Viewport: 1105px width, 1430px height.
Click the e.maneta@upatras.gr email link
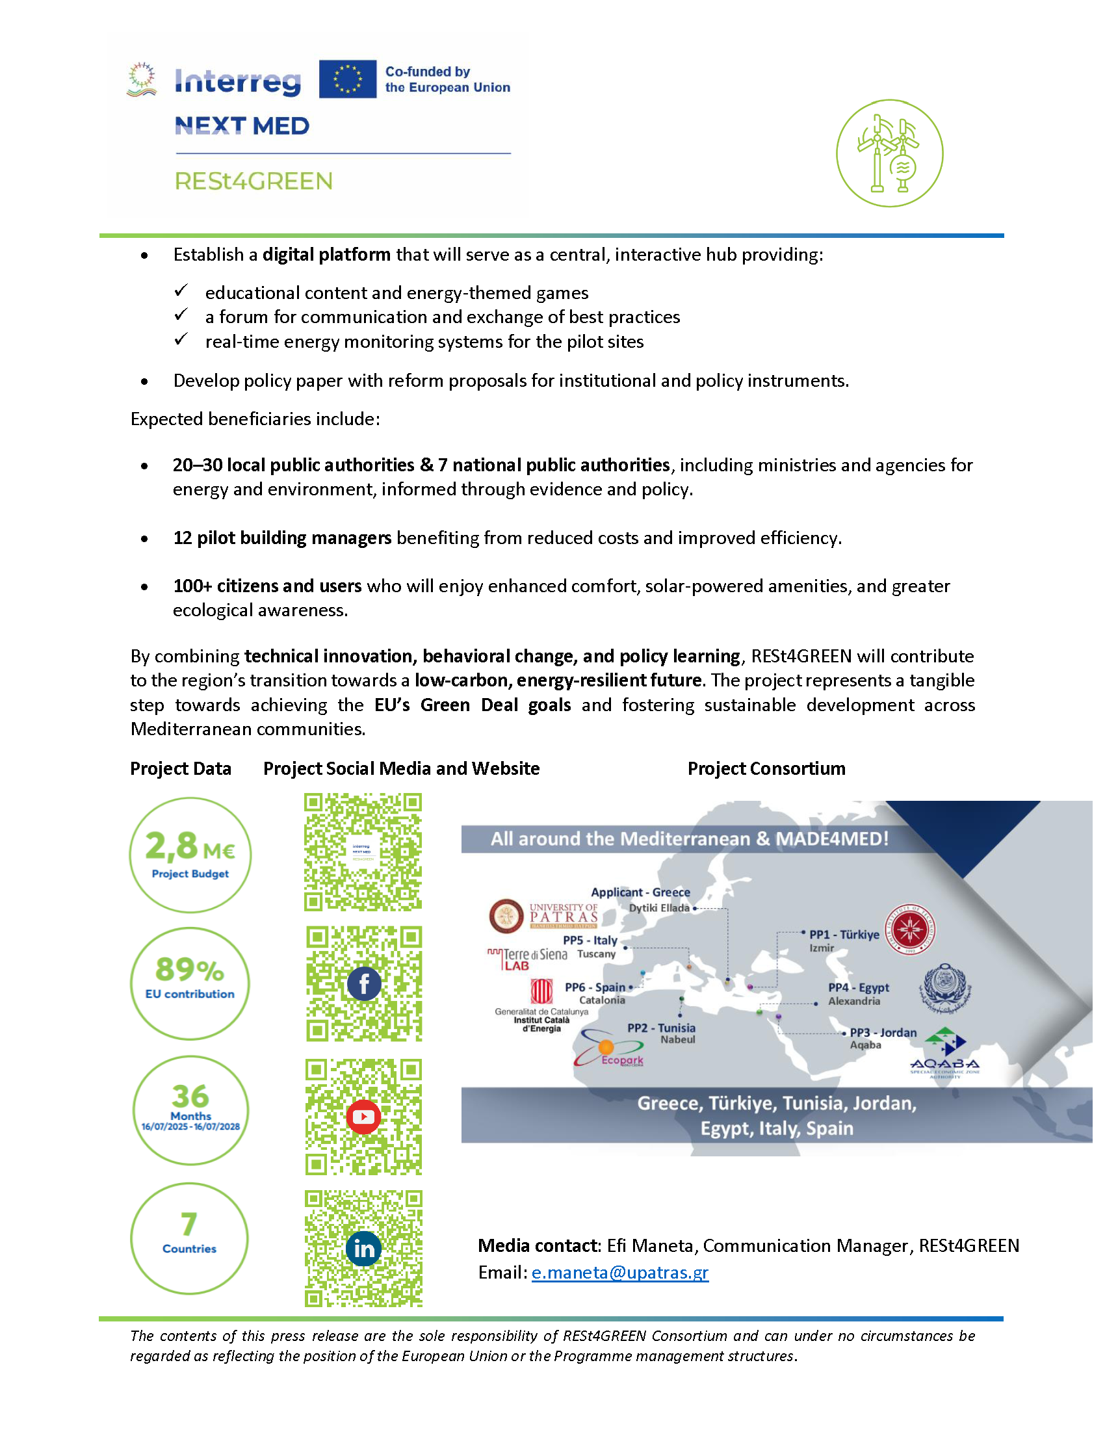(619, 1272)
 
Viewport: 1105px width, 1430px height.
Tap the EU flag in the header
(348, 79)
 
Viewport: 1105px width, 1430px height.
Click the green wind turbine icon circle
(889, 153)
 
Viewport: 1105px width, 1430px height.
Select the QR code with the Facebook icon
(364, 983)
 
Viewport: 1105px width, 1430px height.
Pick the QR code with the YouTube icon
(363, 1116)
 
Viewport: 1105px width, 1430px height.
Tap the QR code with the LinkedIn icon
(363, 1248)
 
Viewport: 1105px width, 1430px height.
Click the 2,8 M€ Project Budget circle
(190, 855)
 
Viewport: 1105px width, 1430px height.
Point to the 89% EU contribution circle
(190, 983)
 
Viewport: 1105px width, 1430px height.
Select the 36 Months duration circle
(190, 1110)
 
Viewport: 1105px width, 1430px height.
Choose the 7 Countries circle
(189, 1238)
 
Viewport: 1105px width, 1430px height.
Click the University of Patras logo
(543, 916)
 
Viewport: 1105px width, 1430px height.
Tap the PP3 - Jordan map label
(883, 1033)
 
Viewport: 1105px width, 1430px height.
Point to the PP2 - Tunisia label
(661, 1028)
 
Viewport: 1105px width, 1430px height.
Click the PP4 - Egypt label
(858, 987)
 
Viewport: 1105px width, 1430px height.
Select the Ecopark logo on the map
(609, 1050)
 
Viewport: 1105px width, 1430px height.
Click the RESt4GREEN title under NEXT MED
(253, 181)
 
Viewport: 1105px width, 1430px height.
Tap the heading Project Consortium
(766, 768)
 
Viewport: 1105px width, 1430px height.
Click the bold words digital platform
(326, 255)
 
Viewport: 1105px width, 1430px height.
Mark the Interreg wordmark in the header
(238, 82)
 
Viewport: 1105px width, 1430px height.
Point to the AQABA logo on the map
(944, 1054)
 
